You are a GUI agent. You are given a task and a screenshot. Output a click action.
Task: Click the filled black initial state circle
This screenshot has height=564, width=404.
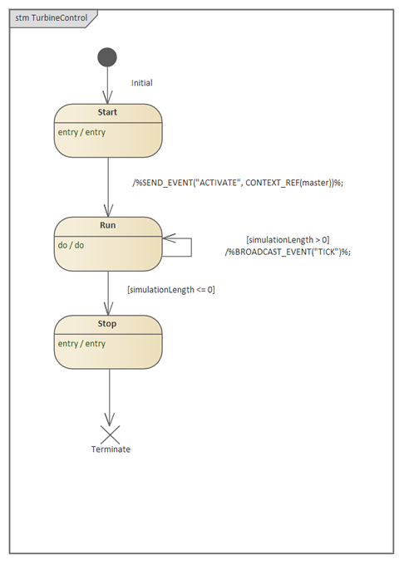point(107,57)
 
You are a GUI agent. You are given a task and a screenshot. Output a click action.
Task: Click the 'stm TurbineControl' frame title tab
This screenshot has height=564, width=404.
point(53,18)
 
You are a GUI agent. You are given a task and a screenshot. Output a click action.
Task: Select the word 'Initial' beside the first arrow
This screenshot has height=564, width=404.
point(142,83)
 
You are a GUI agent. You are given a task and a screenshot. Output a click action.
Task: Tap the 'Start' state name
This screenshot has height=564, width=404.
point(107,112)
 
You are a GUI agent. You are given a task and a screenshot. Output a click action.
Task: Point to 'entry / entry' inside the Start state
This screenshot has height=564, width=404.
point(81,132)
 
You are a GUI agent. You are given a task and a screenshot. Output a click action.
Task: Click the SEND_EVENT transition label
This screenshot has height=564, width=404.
point(238,183)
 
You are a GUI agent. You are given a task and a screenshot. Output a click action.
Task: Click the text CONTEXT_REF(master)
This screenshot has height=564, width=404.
point(289,183)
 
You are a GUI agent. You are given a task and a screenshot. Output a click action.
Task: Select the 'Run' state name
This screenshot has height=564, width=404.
point(108,225)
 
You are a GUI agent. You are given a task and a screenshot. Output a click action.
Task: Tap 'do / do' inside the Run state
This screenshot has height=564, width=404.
point(71,245)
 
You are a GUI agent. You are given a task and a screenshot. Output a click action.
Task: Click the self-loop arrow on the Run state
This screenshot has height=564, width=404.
point(191,247)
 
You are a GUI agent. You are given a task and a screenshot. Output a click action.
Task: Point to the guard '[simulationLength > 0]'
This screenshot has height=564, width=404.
point(288,240)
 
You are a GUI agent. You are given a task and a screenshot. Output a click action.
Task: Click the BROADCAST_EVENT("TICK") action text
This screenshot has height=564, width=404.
point(288,252)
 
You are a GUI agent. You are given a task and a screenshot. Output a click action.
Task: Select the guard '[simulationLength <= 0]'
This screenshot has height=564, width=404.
point(171,290)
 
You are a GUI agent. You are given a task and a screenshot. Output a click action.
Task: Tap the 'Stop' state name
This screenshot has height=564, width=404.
point(107,324)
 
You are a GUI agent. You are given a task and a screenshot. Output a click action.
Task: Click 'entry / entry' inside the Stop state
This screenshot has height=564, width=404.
point(81,344)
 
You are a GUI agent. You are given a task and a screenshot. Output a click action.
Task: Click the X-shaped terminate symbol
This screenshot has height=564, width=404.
point(110,435)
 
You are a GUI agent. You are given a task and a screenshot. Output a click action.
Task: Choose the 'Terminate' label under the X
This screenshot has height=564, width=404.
point(111,449)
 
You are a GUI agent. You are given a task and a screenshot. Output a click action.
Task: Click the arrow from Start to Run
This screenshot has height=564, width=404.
point(108,187)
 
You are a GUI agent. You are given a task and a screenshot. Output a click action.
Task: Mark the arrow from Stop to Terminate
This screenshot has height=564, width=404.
point(110,398)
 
